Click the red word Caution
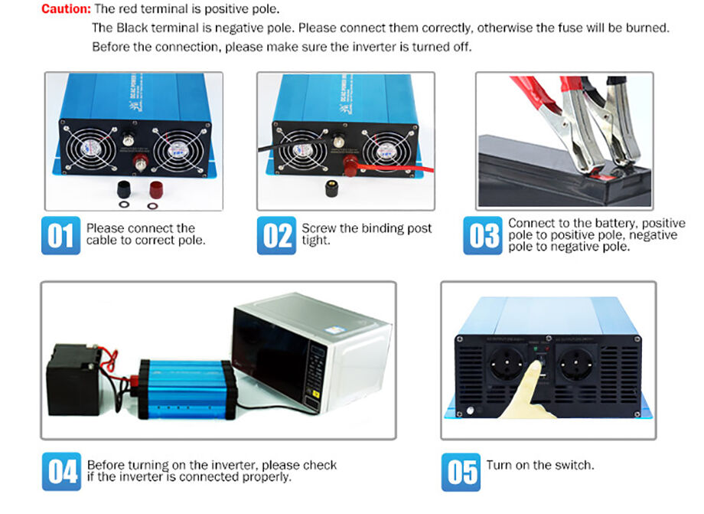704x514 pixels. (66, 9)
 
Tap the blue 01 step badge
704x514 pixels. (60, 235)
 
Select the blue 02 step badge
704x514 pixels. (275, 235)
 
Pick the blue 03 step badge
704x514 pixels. (483, 235)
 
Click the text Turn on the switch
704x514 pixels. (540, 465)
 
